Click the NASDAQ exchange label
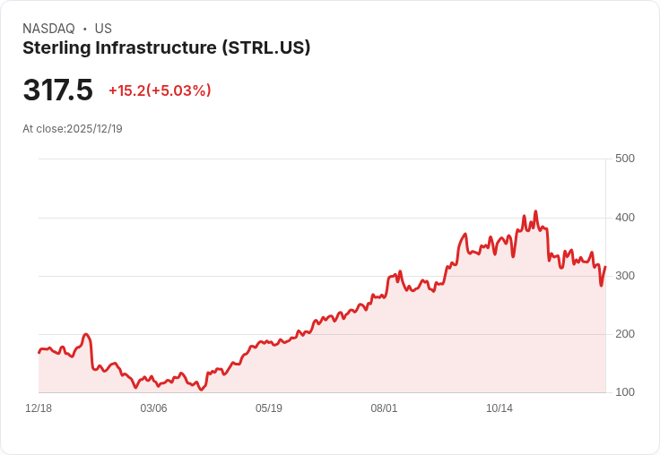tap(48, 29)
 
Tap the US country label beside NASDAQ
tap(103, 29)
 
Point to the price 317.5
tap(57, 90)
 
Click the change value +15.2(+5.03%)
tap(160, 90)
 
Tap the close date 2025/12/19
tap(94, 129)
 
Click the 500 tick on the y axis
tap(624, 159)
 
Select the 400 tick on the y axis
tap(624, 218)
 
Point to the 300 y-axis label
tap(624, 276)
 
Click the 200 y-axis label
tap(624, 334)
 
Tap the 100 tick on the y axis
tap(624, 392)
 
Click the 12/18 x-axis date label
tap(39, 408)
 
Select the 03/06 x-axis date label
tap(153, 408)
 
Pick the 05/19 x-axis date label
tap(269, 408)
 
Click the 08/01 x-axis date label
tap(384, 408)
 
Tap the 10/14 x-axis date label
tap(499, 408)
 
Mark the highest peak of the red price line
tap(535, 212)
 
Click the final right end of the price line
tap(605, 267)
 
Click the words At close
tap(43, 129)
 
